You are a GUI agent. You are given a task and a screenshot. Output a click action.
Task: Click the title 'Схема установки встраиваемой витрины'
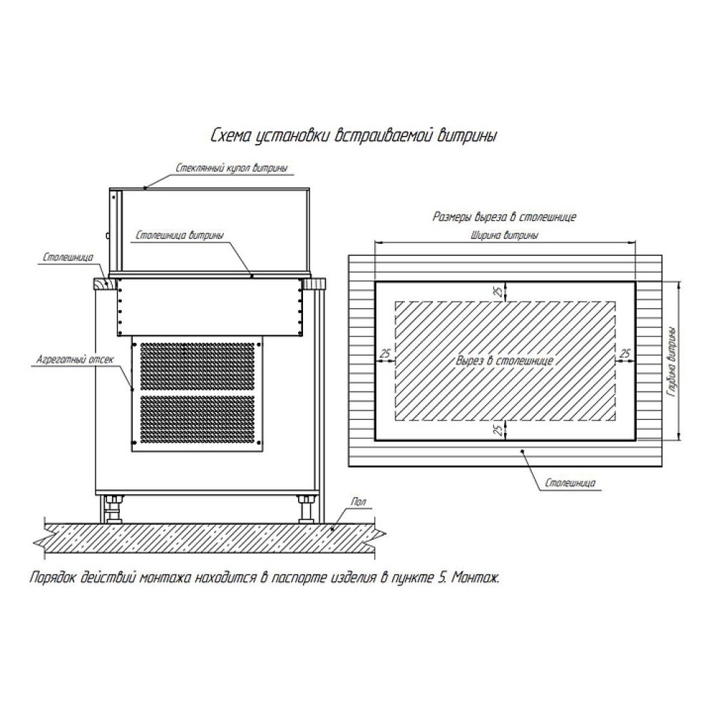point(354,136)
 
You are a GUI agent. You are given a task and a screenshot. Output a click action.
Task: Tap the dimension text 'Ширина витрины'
point(505,235)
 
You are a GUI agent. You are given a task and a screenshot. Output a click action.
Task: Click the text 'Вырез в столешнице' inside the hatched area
point(505,361)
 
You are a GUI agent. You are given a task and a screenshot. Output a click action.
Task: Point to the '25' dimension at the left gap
point(385,353)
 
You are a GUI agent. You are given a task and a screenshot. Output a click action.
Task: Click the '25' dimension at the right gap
point(625,353)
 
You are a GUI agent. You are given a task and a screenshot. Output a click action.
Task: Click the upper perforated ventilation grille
point(198,363)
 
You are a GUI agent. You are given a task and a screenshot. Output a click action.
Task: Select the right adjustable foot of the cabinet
point(307,511)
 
